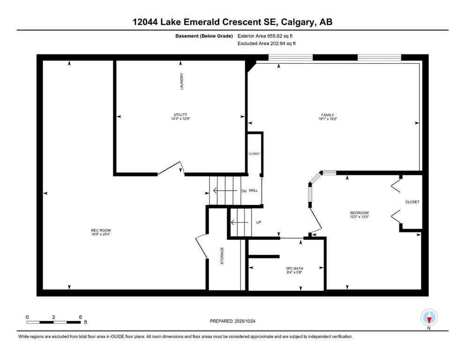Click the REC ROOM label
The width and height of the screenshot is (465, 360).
point(101,230)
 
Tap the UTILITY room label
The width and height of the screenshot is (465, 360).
point(180,115)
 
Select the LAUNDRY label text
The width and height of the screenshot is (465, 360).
point(182,82)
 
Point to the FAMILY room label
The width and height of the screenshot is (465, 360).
point(327,115)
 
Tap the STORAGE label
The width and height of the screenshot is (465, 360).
point(222,256)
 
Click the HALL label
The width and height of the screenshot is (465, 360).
point(253,191)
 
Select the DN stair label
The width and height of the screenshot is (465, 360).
point(244,191)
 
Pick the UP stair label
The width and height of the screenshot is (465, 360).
point(258,222)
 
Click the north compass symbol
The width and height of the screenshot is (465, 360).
point(429,318)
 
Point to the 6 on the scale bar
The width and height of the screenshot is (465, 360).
point(81,317)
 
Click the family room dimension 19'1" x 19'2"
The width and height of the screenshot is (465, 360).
point(327,120)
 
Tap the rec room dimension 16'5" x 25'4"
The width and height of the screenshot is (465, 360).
point(101,234)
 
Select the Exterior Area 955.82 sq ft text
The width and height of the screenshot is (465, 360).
point(266,36)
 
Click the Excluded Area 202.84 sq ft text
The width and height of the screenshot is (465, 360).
point(266,43)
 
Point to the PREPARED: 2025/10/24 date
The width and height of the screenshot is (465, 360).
point(232,321)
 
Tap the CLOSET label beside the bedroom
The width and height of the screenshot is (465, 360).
point(412,202)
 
